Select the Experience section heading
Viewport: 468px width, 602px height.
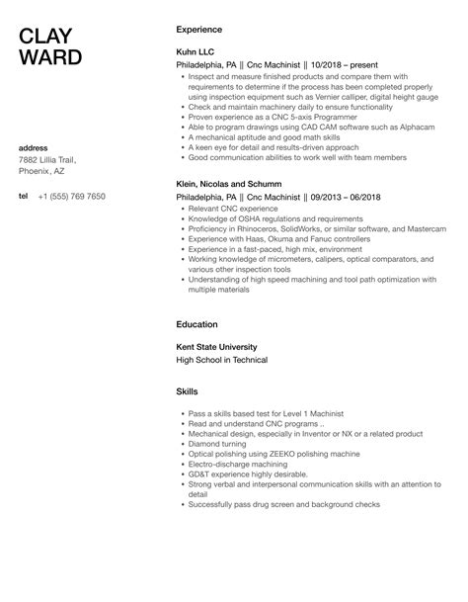(x=198, y=30)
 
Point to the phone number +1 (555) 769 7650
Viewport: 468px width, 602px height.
(x=71, y=197)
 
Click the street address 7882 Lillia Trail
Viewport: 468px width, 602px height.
(x=46, y=159)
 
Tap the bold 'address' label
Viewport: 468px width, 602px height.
(x=33, y=147)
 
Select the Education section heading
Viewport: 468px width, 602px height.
(x=197, y=322)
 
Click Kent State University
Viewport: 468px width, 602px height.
(x=215, y=347)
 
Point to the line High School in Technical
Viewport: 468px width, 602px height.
(x=217, y=361)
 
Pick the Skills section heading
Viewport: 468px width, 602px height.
(x=187, y=391)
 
